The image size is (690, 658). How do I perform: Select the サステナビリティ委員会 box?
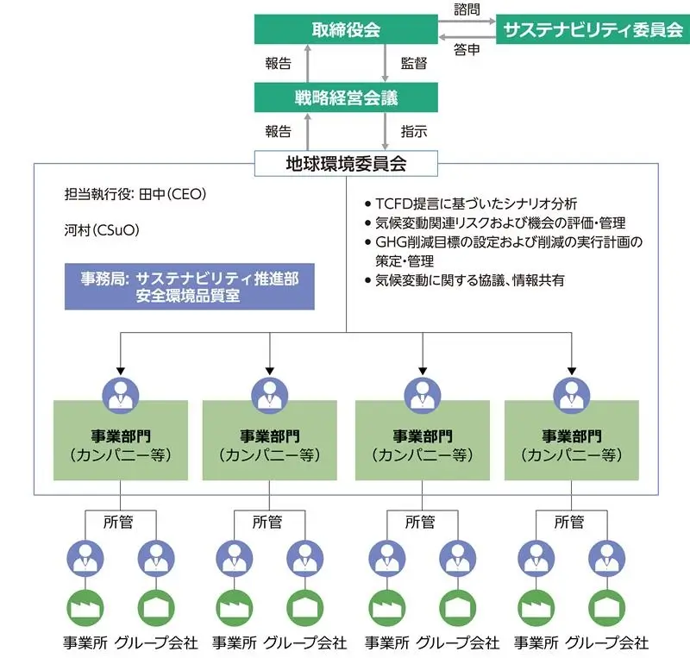[593, 30]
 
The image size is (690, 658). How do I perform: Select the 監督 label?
[413, 64]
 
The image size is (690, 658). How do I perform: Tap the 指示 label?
[413, 131]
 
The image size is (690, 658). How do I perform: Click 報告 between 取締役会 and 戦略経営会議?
[278, 64]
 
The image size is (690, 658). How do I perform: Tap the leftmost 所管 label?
[120, 522]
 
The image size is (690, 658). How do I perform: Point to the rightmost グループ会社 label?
[608, 643]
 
